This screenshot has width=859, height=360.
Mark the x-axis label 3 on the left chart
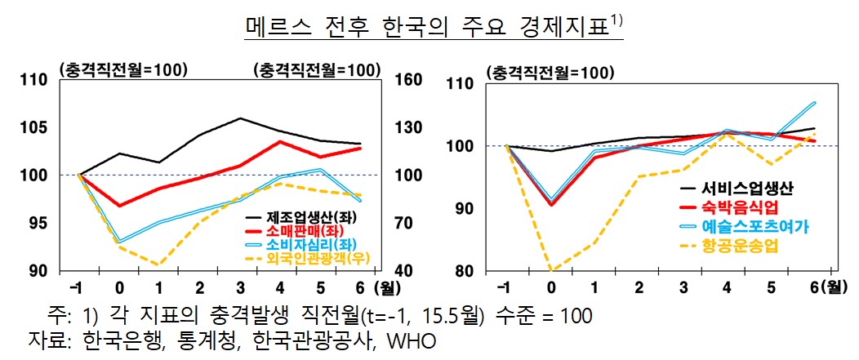click(x=240, y=287)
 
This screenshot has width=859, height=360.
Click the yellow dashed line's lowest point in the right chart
click(x=551, y=269)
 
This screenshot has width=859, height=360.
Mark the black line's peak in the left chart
click(x=240, y=118)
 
